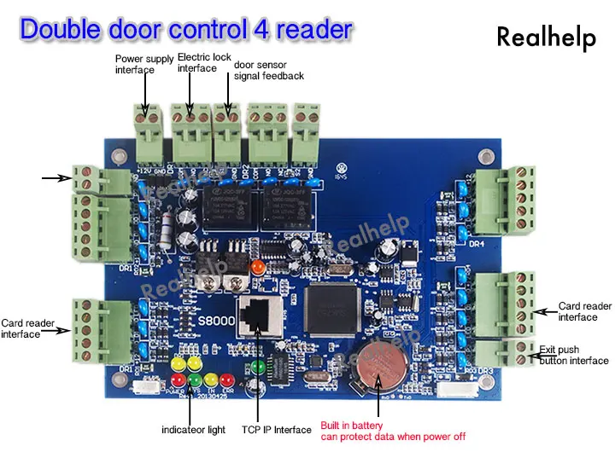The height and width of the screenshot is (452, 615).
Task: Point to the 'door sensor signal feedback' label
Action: (x=268, y=71)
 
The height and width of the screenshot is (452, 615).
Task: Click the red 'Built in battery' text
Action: (x=352, y=425)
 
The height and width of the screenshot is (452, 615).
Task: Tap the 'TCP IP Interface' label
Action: (x=277, y=430)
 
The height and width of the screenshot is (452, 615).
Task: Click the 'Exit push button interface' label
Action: (x=574, y=355)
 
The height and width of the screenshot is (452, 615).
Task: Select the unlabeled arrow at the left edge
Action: (x=55, y=178)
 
